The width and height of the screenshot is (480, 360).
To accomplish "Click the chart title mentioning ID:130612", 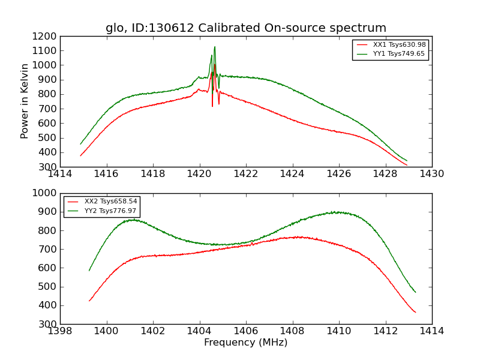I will (x=246, y=28).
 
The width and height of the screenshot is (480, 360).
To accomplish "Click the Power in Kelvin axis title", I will (x=25, y=101).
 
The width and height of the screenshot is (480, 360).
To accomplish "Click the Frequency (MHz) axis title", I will (x=246, y=343).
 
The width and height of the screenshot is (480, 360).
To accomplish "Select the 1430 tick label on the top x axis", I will (x=431, y=174).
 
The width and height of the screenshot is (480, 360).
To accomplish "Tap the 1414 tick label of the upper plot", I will (x=60, y=174).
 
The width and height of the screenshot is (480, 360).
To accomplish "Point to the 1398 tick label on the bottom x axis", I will (x=60, y=331).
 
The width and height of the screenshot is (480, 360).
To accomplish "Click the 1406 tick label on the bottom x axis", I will (x=246, y=331).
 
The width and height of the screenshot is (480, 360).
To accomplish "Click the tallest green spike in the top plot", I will (x=215, y=47).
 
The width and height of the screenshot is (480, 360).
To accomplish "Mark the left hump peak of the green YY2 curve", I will (x=132, y=220).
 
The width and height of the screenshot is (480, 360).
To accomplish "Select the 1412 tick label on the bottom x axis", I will (x=385, y=331).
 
